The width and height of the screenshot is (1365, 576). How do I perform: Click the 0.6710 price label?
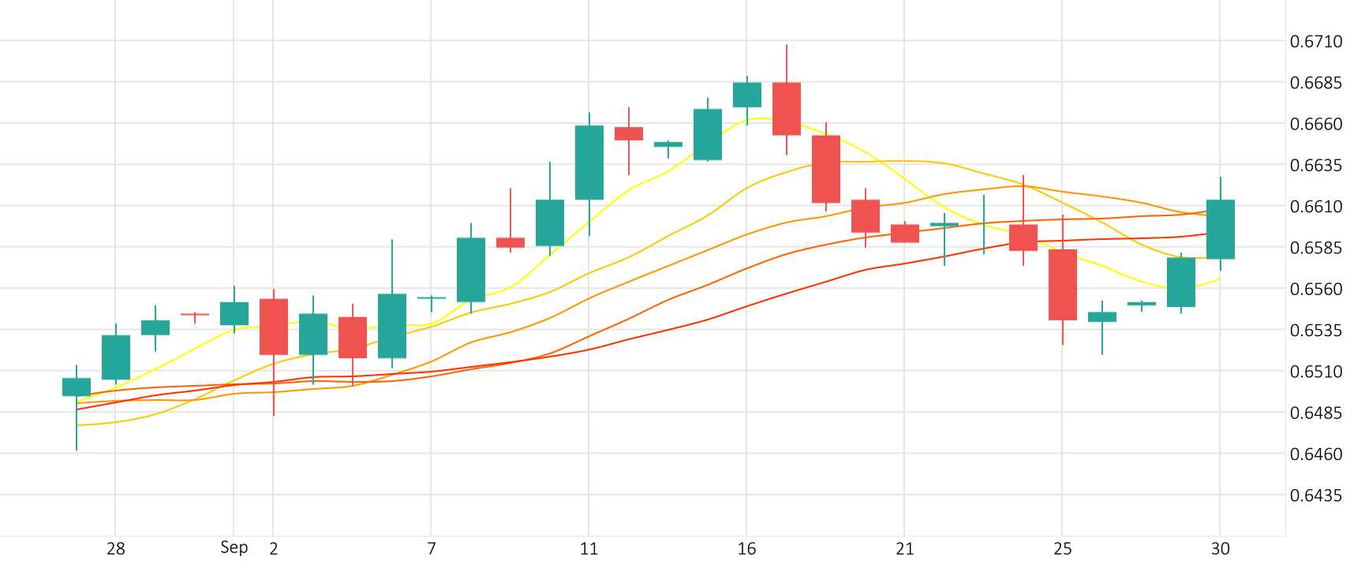(1315, 42)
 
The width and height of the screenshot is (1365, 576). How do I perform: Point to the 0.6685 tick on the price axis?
(1315, 83)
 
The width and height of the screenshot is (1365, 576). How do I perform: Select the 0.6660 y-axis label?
(1315, 124)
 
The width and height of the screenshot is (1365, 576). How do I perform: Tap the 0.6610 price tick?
(1315, 207)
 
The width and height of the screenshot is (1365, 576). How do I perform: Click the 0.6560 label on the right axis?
(1315, 289)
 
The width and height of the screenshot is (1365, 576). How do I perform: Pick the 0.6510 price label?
(1315, 372)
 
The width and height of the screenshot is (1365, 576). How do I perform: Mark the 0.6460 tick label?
(1315, 454)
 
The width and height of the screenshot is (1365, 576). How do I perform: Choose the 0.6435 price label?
(1315, 496)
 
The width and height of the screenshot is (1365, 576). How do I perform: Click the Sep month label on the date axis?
(234, 548)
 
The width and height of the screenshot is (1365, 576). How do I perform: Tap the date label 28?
(116, 549)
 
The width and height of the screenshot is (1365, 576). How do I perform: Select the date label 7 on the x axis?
(431, 549)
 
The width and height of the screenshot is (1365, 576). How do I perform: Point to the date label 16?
(746, 549)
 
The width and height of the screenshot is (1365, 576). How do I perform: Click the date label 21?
(904, 549)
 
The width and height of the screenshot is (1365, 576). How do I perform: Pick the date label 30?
(1220, 549)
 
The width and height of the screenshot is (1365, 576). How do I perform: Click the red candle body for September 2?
(274, 327)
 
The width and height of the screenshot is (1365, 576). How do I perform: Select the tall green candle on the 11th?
(589, 163)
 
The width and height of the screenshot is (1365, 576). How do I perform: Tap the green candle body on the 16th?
(747, 95)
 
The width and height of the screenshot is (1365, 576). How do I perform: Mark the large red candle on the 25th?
(1063, 285)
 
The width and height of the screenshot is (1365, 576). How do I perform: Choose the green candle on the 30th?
(1221, 229)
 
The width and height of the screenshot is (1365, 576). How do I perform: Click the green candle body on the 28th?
(116, 357)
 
